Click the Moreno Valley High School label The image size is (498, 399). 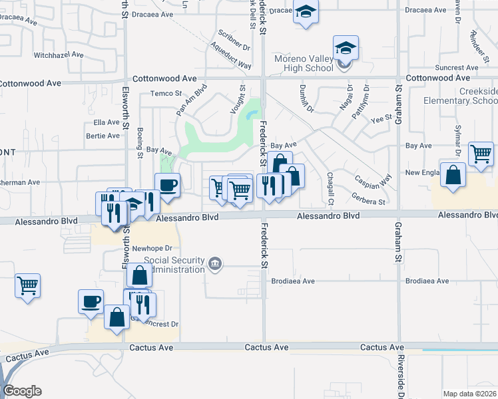304,63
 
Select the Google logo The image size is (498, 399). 22,391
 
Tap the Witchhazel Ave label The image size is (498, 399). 58,55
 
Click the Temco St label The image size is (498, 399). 166,93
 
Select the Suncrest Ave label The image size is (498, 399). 453,68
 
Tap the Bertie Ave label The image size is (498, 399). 103,136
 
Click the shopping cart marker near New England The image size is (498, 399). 480,154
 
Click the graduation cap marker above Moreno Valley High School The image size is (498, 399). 346,48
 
